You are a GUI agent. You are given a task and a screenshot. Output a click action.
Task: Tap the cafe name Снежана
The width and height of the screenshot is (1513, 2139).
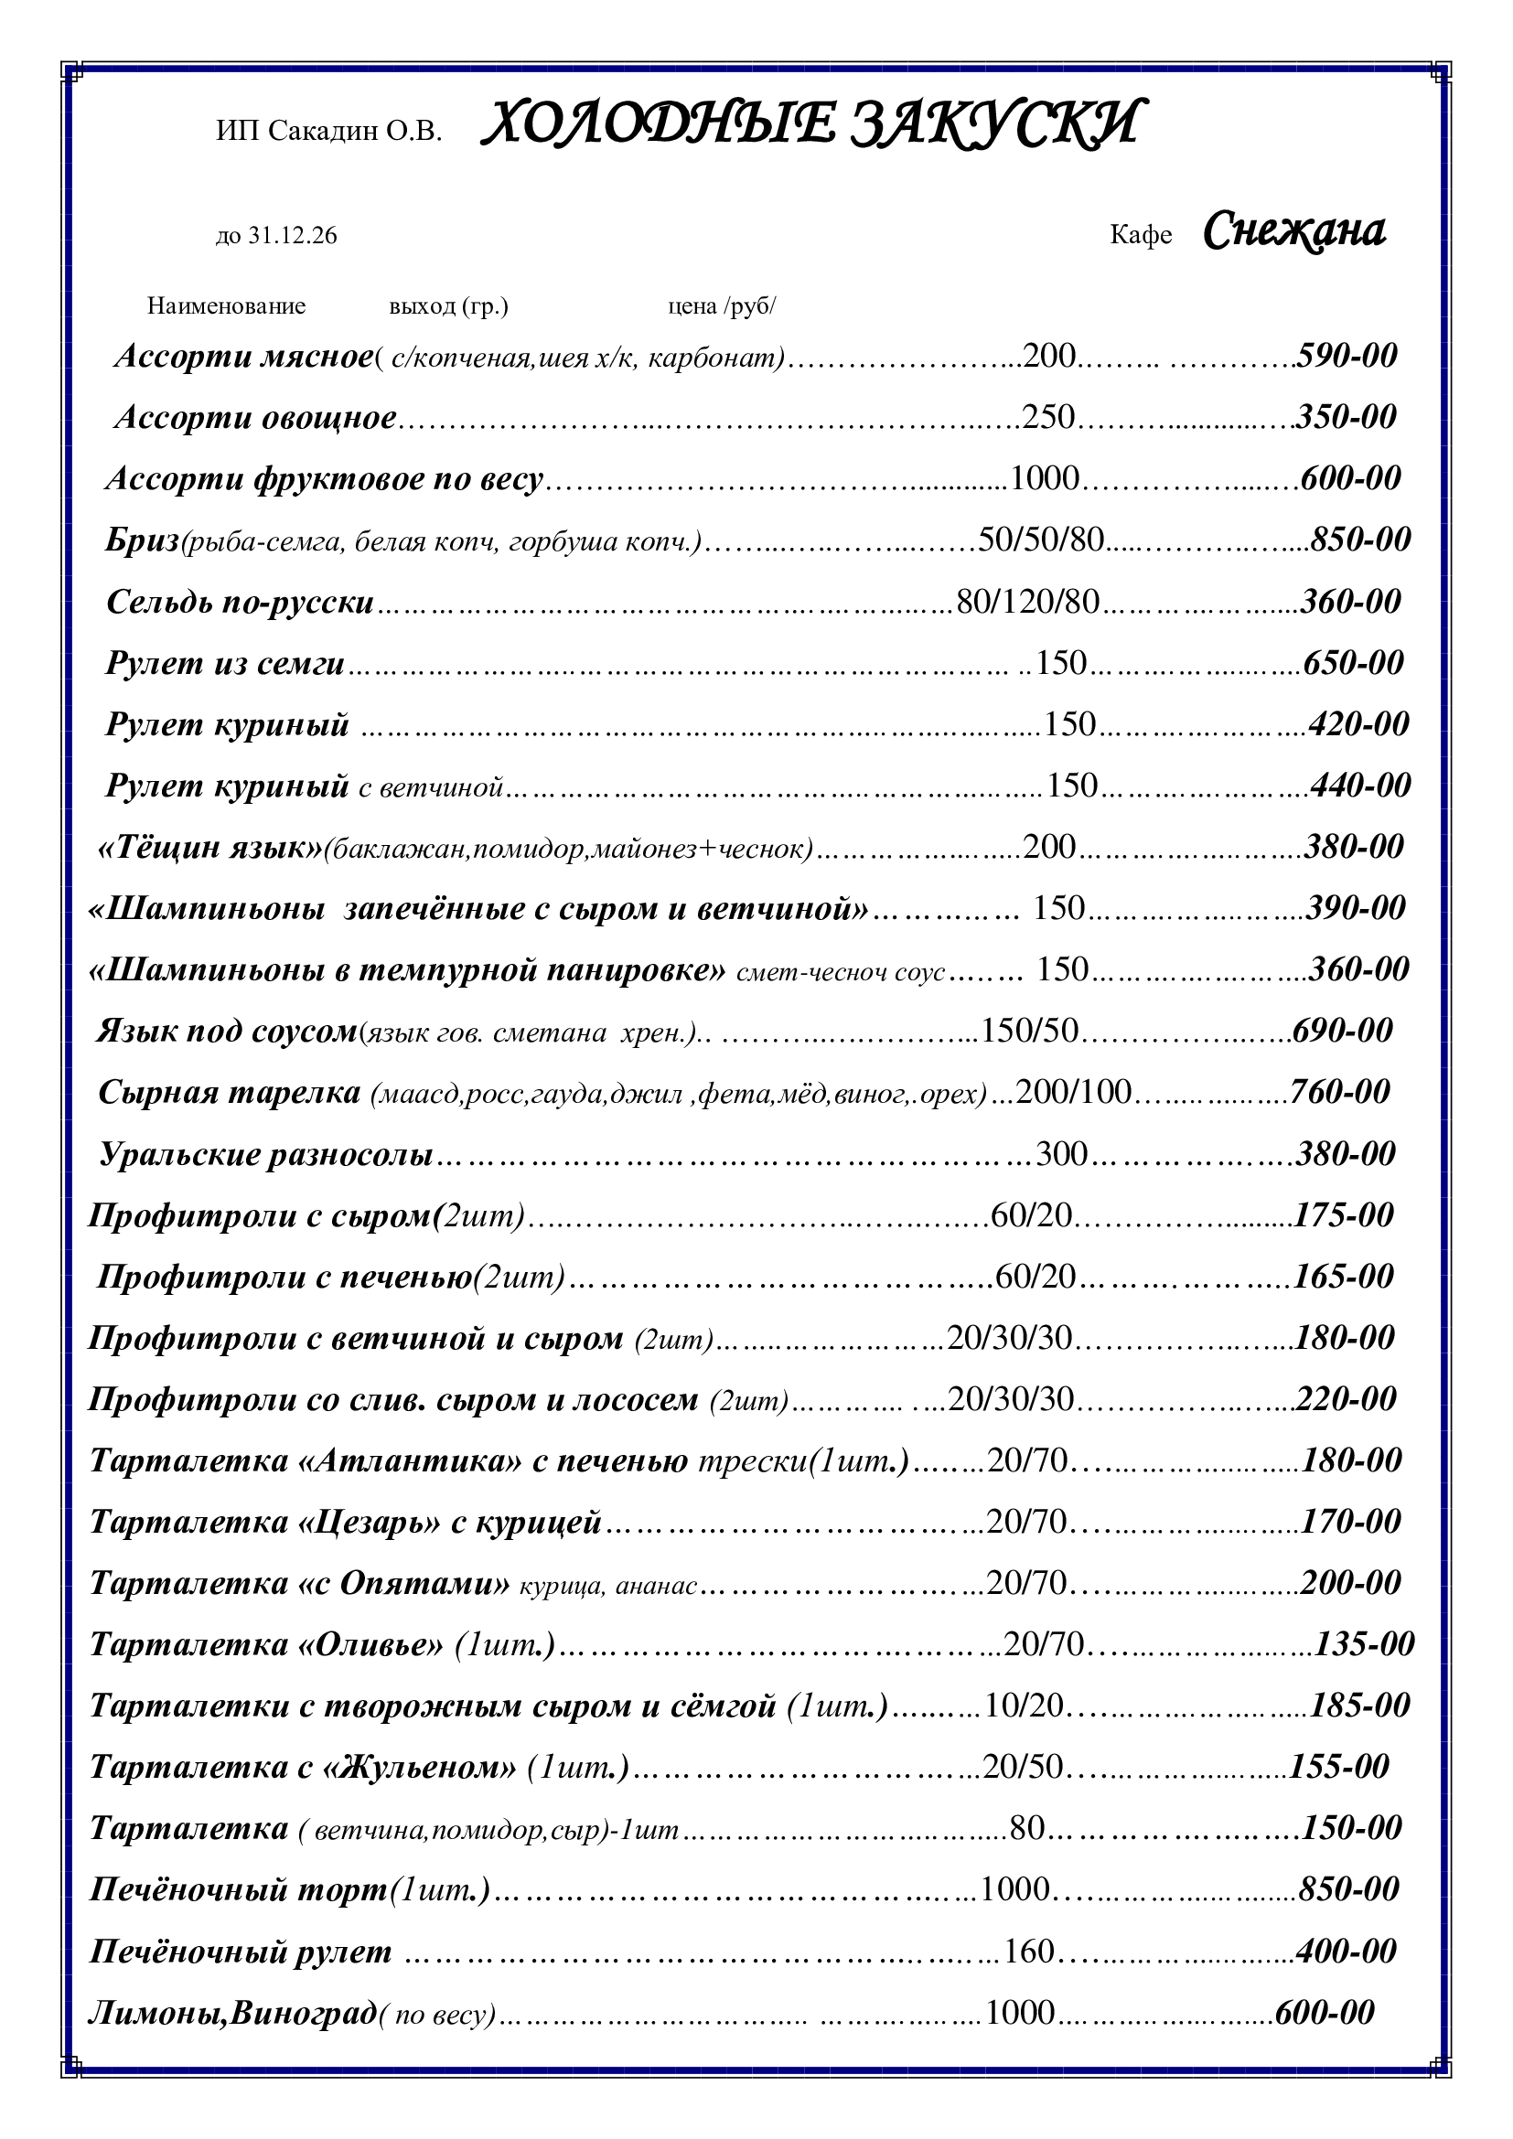click(x=1294, y=231)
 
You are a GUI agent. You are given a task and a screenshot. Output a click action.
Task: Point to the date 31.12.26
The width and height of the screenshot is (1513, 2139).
click(x=292, y=237)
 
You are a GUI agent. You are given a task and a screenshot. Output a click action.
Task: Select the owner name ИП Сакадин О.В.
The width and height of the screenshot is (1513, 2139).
click(x=329, y=132)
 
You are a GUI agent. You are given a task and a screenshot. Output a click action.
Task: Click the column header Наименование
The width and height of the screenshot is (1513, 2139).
click(x=226, y=306)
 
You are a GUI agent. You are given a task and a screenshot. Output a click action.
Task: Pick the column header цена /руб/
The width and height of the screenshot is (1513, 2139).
click(x=721, y=306)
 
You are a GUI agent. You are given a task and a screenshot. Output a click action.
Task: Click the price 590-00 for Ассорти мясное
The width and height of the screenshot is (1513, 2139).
click(x=1347, y=355)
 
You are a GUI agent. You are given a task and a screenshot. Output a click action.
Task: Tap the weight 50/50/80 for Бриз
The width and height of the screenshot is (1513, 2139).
click(x=1041, y=540)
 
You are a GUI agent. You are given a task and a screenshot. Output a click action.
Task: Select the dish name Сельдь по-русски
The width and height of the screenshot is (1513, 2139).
click(x=241, y=602)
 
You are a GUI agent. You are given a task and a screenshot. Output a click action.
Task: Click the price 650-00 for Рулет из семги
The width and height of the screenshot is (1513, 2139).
click(x=1353, y=662)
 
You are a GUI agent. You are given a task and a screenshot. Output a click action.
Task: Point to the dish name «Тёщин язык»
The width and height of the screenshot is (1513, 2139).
click(x=209, y=847)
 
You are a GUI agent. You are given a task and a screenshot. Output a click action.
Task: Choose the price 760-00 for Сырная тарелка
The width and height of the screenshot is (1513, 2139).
click(x=1340, y=1091)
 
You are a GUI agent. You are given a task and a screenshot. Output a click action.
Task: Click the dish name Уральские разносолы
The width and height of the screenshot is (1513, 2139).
click(x=266, y=1154)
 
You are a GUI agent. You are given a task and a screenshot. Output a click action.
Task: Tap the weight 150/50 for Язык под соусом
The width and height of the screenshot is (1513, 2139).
click(x=1029, y=1030)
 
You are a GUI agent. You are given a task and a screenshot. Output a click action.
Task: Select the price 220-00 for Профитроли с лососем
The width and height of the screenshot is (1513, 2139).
click(x=1346, y=1398)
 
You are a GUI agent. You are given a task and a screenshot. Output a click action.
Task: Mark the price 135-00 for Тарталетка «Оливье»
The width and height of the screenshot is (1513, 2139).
click(x=1364, y=1644)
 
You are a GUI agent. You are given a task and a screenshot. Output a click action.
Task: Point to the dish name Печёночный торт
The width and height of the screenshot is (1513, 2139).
click(x=239, y=1889)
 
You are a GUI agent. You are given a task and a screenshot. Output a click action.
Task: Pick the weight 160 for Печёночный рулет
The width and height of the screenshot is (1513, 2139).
click(x=1028, y=1951)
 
